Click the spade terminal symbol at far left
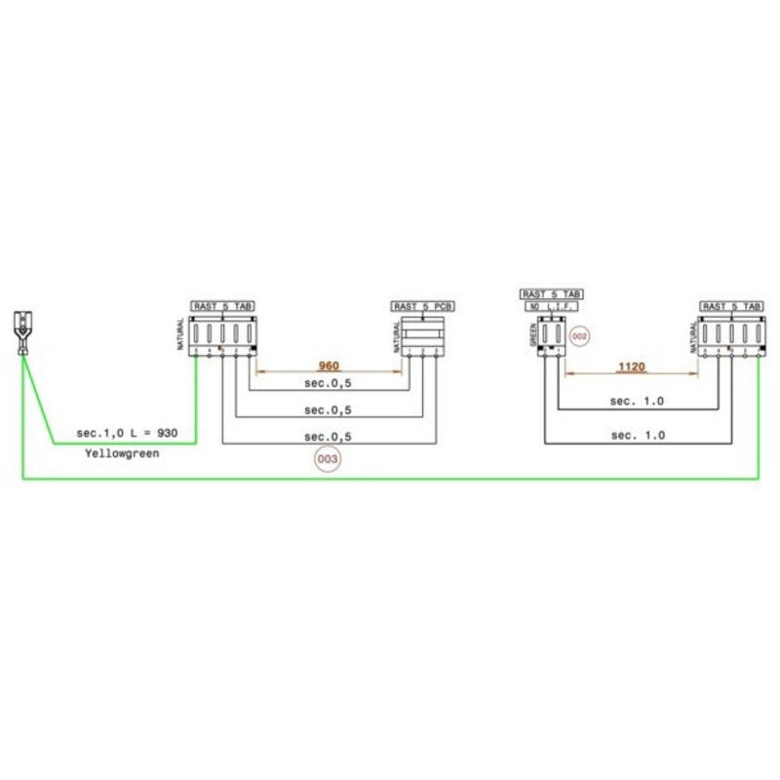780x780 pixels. tap(22, 331)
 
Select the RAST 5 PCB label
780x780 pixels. tap(421, 306)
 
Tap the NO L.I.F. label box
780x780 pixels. tap(552, 306)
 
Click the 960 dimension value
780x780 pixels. tap(330, 366)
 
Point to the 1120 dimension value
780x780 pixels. tap(633, 368)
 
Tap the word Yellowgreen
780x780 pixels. tap(121, 454)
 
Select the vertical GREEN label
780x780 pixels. tap(533, 335)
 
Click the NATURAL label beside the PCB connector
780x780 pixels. tap(396, 336)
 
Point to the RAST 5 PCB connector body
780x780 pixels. tap(422, 334)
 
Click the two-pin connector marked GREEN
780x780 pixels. tap(552, 335)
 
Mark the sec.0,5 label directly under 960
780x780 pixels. tap(328, 384)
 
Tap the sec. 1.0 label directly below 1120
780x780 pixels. tap(637, 401)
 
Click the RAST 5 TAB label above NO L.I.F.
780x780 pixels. tap(552, 293)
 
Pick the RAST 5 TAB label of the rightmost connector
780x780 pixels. tap(731, 306)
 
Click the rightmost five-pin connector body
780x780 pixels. tap(731, 335)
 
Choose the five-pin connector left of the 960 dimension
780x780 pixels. tap(224, 335)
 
